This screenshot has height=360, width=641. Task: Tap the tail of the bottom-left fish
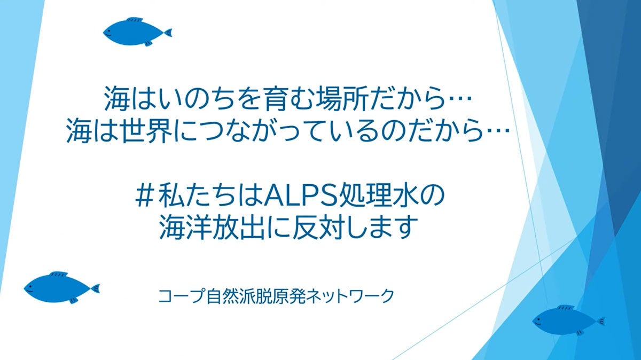coord(95,289)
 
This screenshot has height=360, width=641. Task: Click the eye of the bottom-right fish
coord(540,320)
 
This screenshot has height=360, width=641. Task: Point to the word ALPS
coord(304,198)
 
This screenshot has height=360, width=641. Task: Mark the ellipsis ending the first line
coord(460,100)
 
